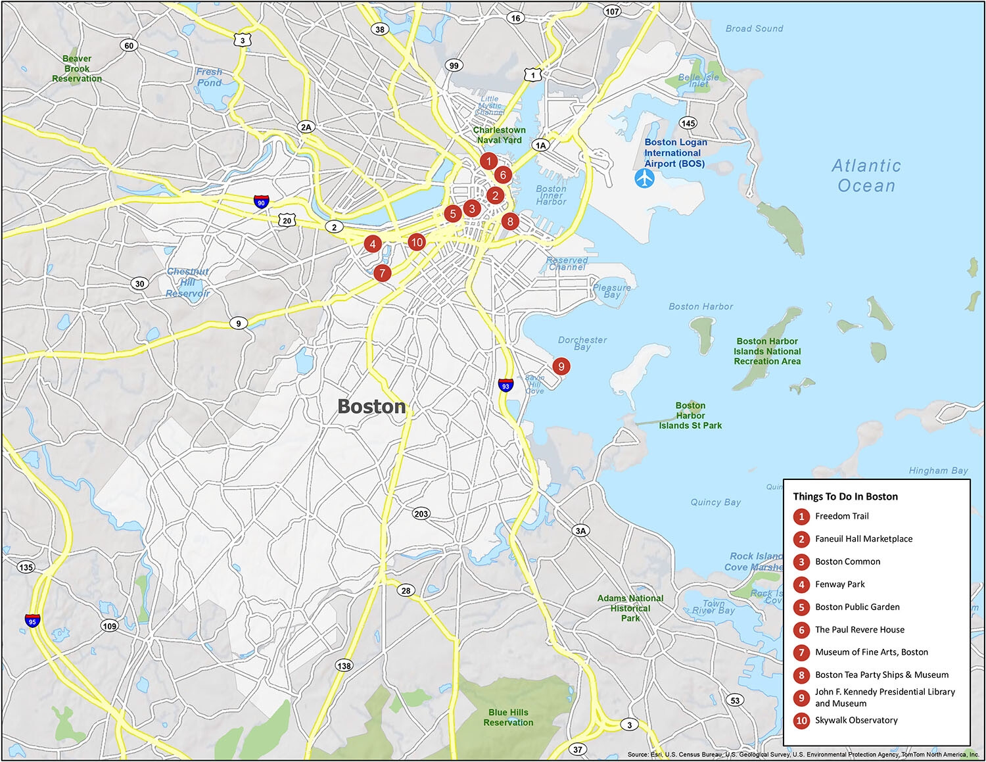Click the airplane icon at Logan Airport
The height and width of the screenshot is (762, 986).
click(x=645, y=178)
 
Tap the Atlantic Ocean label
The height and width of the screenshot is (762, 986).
click(x=866, y=176)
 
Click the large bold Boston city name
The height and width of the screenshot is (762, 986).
click(x=371, y=406)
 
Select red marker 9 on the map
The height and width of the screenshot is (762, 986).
click(x=561, y=366)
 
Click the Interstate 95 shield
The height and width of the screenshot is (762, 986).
click(x=32, y=621)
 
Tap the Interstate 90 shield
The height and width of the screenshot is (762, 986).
click(x=261, y=202)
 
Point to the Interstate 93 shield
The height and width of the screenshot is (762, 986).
click(x=505, y=385)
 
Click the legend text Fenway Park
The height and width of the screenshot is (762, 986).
click(x=839, y=584)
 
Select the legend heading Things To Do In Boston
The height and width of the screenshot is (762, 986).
click(x=845, y=496)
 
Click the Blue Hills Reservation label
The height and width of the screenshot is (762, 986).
click(x=508, y=717)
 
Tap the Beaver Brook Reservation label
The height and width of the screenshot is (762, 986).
click(x=77, y=68)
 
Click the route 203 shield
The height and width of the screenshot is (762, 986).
click(x=421, y=513)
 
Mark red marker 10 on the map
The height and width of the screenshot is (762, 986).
click(x=416, y=242)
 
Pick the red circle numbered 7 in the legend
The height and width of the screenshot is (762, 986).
click(x=801, y=652)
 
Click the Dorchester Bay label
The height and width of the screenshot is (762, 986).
click(x=582, y=343)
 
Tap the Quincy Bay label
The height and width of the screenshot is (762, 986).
click(x=715, y=502)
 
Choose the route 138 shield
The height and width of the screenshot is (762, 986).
click(x=344, y=665)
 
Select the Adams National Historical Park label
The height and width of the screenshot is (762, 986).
click(x=630, y=608)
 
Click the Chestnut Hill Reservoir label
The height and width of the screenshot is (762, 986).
click(x=188, y=282)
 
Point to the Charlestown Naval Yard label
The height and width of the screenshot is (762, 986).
click(x=499, y=135)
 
